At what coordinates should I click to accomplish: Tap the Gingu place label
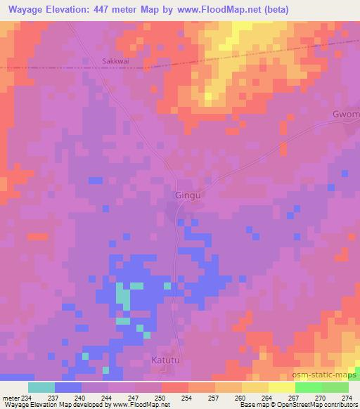(x=186, y=195)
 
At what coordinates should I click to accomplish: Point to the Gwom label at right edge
(x=345, y=114)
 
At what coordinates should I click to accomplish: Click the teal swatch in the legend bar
(x=41, y=387)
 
